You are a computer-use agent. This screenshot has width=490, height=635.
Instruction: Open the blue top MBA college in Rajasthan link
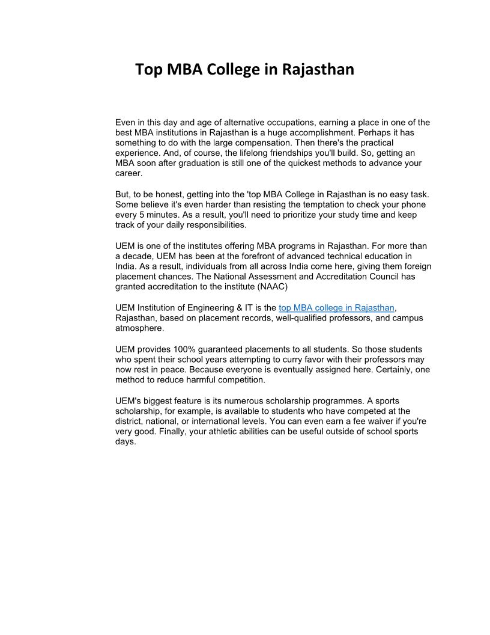[336, 308]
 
